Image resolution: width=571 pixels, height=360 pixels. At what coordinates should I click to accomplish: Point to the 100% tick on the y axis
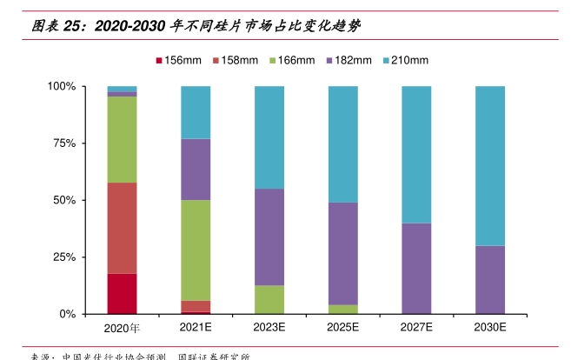(62, 87)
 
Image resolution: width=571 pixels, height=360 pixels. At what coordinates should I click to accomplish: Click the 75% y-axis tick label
(65, 143)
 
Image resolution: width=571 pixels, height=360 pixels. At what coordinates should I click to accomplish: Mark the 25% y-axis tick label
(65, 257)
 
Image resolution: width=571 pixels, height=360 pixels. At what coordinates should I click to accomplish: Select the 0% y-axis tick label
(68, 314)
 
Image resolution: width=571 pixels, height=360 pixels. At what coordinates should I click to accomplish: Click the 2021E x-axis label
(196, 327)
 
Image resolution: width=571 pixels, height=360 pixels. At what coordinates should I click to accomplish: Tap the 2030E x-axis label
(490, 327)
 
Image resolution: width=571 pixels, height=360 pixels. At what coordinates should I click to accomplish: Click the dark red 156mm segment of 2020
(122, 293)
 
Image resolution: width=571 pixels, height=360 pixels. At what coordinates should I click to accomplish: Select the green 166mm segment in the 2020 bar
(122, 139)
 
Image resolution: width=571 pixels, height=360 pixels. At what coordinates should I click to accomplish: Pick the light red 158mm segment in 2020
(122, 228)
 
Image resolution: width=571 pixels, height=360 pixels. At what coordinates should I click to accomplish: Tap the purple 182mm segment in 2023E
(269, 237)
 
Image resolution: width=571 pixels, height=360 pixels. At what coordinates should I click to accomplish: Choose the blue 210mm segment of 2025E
(342, 144)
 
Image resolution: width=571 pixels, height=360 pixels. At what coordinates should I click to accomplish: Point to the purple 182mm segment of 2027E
(416, 268)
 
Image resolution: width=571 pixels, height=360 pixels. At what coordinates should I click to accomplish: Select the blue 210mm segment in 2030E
(490, 165)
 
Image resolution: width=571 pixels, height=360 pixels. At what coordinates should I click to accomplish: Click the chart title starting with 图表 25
(196, 27)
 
